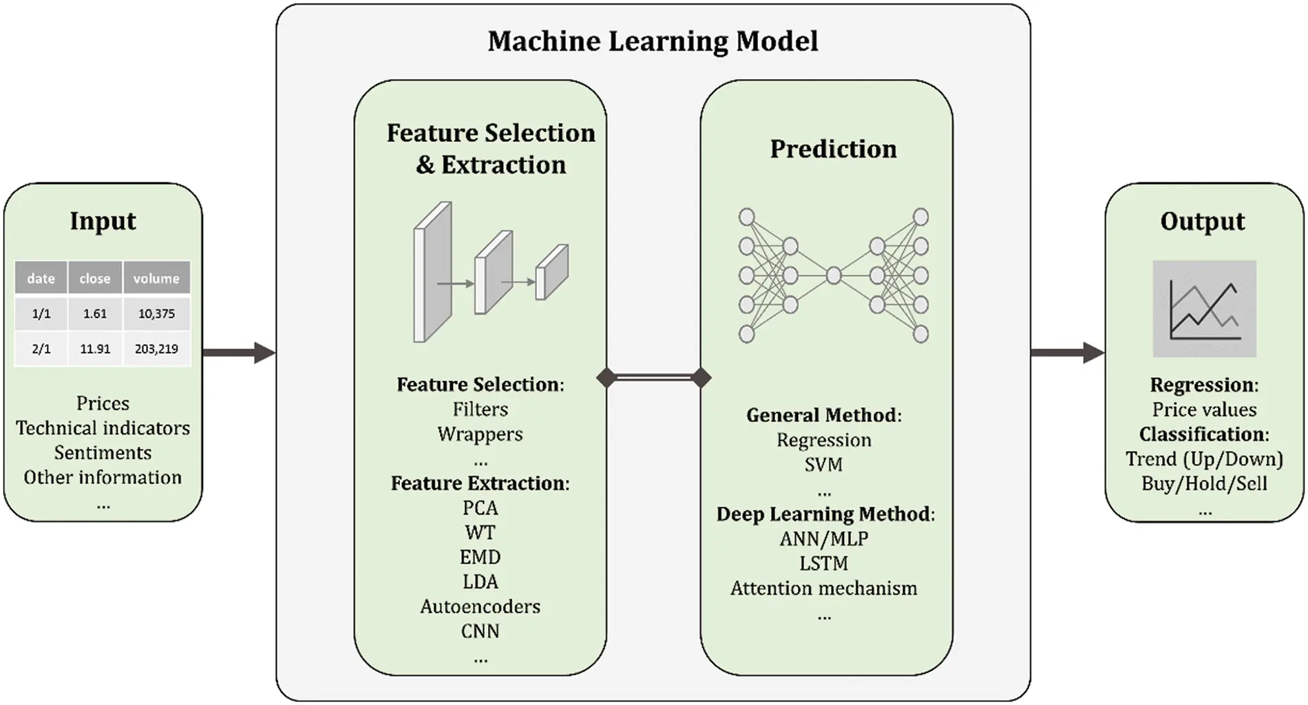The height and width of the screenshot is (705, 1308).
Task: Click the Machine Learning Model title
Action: pyautogui.click(x=653, y=41)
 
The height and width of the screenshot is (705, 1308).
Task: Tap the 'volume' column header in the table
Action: pyautogui.click(x=156, y=278)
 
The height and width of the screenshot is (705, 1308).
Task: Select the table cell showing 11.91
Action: pyautogui.click(x=95, y=348)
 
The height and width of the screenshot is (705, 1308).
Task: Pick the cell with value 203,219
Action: pyautogui.click(x=156, y=348)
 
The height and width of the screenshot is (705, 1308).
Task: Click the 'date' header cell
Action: pyautogui.click(x=41, y=278)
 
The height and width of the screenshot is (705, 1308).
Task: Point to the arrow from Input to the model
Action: pyautogui.click(x=238, y=352)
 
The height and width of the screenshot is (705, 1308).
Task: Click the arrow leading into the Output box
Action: pyautogui.click(x=1067, y=352)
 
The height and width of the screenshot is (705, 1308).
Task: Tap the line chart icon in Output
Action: pyautogui.click(x=1204, y=308)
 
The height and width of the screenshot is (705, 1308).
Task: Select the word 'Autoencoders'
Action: pyautogui.click(x=480, y=607)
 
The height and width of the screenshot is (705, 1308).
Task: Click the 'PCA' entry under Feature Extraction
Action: pyautogui.click(x=480, y=508)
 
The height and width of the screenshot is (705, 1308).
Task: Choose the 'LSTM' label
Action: pyautogui.click(x=823, y=564)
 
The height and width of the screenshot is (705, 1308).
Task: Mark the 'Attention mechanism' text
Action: pyautogui.click(x=823, y=589)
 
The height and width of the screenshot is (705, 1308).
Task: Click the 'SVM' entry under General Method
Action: pyautogui.click(x=823, y=465)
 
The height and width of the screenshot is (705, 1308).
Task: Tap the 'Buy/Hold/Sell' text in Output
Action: pyautogui.click(x=1203, y=483)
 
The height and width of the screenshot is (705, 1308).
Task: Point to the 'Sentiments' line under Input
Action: pyautogui.click(x=103, y=453)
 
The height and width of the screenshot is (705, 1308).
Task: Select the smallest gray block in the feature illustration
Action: pyautogui.click(x=551, y=273)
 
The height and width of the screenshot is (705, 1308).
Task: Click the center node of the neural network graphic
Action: pyautogui.click(x=834, y=275)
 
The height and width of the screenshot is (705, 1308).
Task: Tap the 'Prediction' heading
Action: pyautogui.click(x=833, y=149)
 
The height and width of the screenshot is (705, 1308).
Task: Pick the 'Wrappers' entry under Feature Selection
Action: pyautogui.click(x=480, y=434)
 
